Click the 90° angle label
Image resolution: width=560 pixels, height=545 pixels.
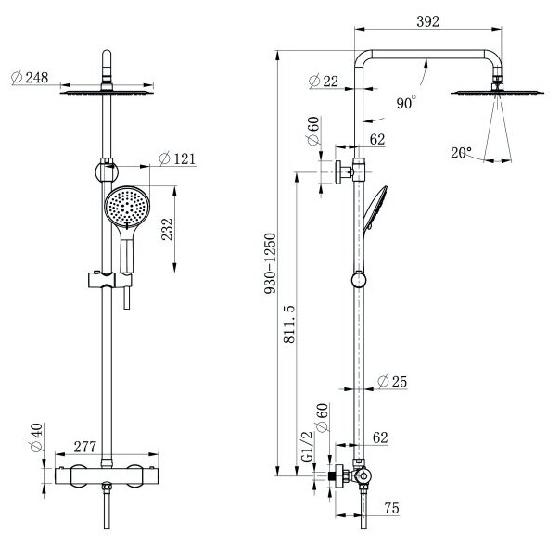[x=404, y=104]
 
